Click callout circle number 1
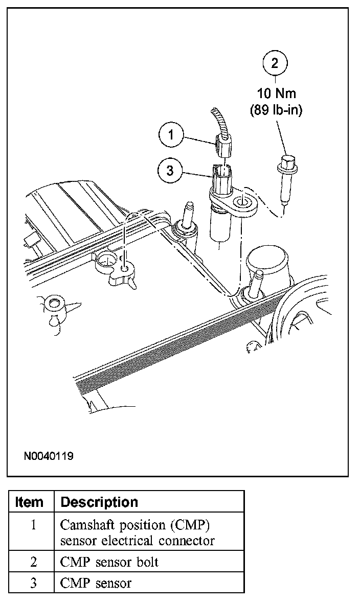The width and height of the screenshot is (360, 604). pos(172,135)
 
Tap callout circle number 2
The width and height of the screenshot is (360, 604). pos(275,63)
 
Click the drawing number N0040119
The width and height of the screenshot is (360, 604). pos(48,455)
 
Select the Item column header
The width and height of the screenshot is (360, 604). pos(30,502)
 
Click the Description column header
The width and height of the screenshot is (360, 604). pos(99,502)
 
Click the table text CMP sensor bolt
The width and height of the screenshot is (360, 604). pos(109,562)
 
